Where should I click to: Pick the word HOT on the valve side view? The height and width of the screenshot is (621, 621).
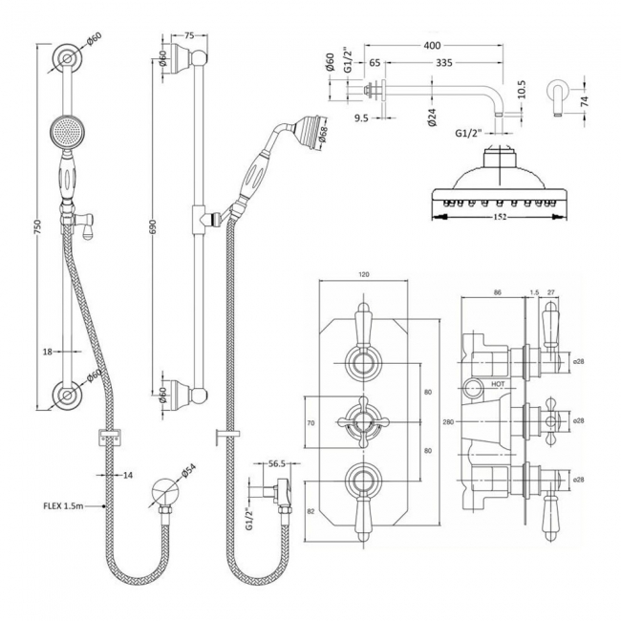click(x=497, y=383)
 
